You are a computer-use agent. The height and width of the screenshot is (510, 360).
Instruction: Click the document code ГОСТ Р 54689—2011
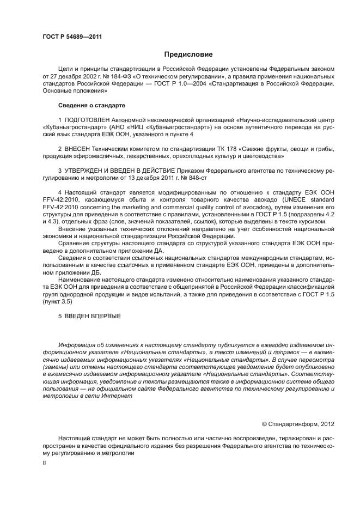(72, 37)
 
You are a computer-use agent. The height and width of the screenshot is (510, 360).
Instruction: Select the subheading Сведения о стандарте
(91, 105)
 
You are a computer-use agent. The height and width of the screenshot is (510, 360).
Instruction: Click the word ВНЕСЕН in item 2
(80, 149)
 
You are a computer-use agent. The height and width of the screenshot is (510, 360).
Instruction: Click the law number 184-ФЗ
(120, 77)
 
